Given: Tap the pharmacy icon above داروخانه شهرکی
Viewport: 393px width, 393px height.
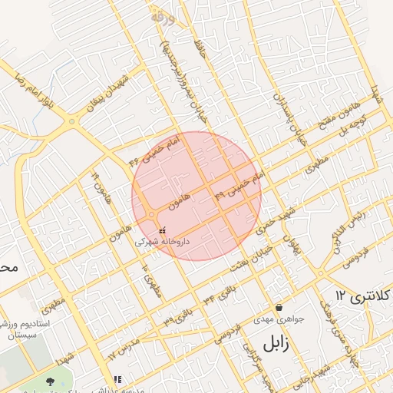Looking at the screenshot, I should pyautogui.click(x=161, y=230).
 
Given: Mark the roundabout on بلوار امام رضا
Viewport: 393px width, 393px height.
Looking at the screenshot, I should pyautogui.click(x=72, y=121).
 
